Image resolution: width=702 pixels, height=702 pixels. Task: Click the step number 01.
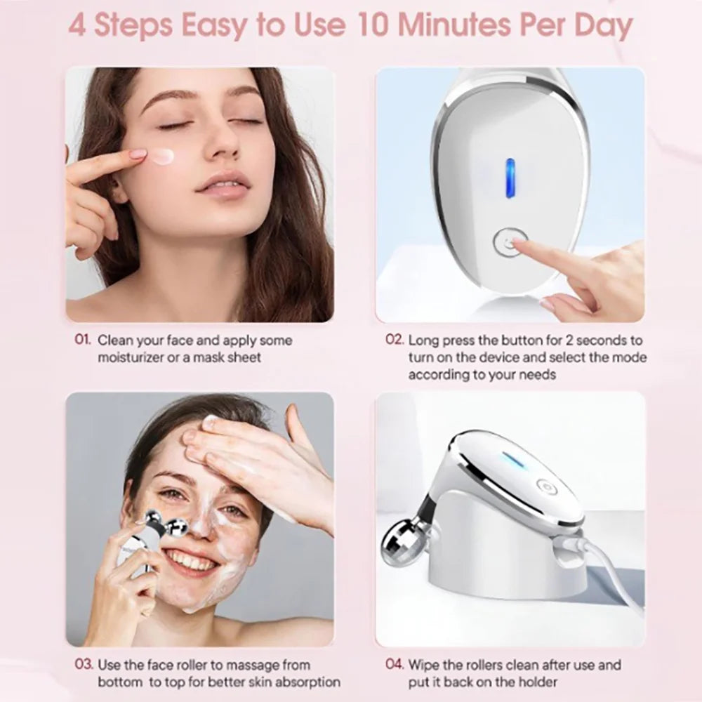point(83,340)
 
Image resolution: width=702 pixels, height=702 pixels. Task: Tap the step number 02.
point(395,340)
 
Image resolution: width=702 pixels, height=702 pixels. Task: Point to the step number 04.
point(395,664)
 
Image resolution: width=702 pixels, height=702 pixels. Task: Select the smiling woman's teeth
point(191,560)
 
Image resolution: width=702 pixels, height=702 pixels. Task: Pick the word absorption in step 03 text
point(307,682)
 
